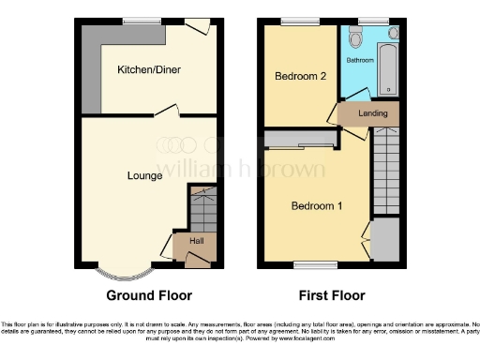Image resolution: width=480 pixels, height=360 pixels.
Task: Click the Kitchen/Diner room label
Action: tap(149, 70)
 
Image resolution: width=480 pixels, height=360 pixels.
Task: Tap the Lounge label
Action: tap(145, 174)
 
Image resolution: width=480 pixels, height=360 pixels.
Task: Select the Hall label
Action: tap(197, 241)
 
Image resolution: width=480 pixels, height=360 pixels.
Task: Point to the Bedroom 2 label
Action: tap(300, 77)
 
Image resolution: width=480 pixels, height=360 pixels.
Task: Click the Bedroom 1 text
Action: tap(315, 206)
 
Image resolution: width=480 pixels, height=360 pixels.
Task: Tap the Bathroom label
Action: tap(361, 59)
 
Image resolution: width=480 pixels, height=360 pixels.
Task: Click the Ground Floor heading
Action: tap(149, 295)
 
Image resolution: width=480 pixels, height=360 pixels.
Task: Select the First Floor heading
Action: tap(332, 295)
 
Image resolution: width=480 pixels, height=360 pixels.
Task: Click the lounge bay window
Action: tap(124, 275)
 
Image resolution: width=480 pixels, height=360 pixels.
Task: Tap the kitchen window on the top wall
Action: tap(143, 22)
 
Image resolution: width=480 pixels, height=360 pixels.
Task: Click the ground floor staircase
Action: tap(203, 210)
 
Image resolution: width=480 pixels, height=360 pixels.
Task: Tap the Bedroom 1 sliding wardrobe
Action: tap(299, 141)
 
